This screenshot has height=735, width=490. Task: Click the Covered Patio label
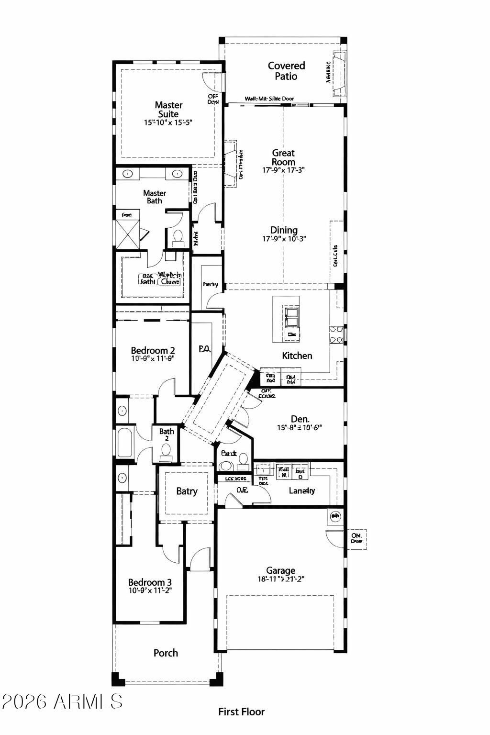(286, 71)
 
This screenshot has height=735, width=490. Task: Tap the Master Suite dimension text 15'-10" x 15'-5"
(168, 122)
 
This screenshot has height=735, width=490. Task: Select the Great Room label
(283, 157)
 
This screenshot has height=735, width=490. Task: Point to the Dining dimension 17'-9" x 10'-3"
(284, 239)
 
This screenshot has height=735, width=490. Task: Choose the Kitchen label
(297, 356)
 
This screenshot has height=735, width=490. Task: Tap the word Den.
(300, 419)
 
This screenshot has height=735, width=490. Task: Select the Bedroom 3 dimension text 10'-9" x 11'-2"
(150, 590)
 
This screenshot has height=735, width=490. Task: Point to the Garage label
(280, 570)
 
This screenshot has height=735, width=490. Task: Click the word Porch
(166, 653)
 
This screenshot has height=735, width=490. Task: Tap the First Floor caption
(241, 712)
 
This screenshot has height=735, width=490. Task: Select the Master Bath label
(155, 197)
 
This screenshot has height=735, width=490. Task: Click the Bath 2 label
(167, 434)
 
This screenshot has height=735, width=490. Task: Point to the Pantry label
(211, 284)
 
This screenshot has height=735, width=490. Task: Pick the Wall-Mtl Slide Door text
(269, 99)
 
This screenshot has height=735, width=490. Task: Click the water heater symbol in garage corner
(335, 516)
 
